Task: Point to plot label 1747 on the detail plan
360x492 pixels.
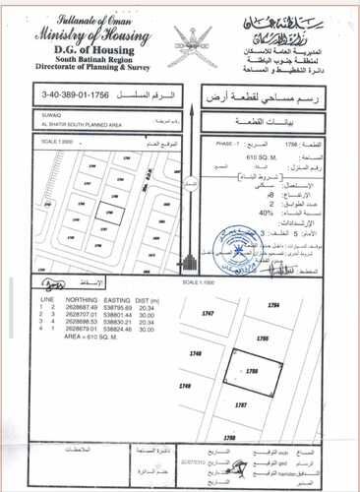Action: point(206,312)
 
